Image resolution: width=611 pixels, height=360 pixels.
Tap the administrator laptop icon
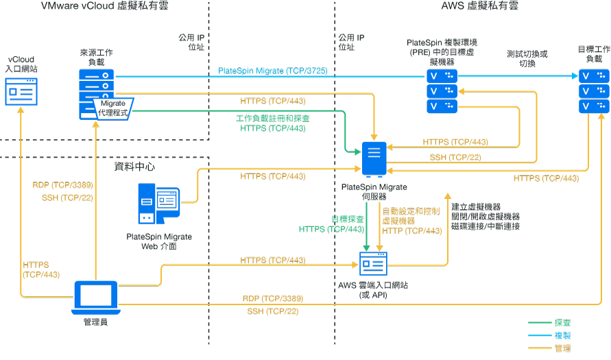click(95, 296)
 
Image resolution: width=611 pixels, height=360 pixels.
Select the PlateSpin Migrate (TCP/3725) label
click(272, 71)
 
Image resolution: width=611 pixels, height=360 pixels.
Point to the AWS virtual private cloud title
click(479, 6)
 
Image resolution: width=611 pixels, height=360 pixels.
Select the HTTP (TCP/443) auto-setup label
click(411, 231)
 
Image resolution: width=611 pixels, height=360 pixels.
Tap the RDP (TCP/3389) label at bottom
click(272, 299)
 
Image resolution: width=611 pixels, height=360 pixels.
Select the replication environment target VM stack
click(441, 91)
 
